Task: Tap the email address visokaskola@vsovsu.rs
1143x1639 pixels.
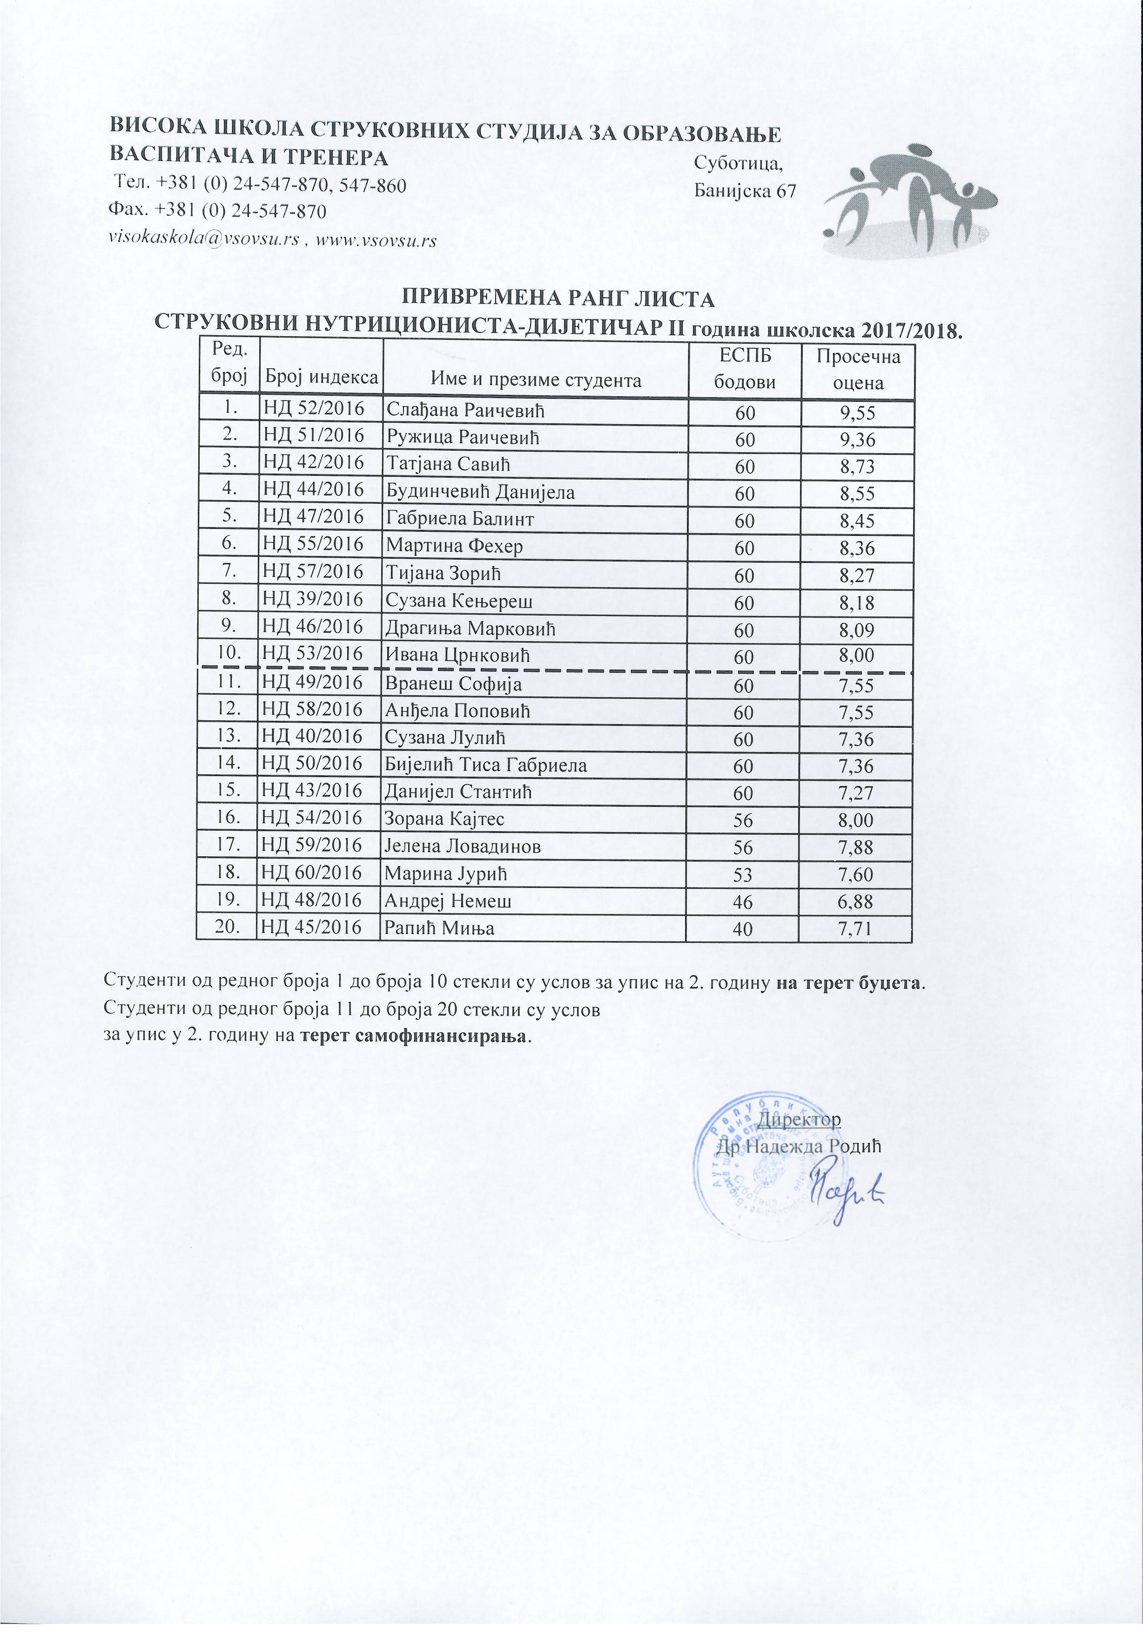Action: coord(202,240)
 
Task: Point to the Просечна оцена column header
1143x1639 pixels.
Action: coord(858,368)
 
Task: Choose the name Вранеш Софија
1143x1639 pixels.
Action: coord(453,684)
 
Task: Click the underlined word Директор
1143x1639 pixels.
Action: coord(799,1118)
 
